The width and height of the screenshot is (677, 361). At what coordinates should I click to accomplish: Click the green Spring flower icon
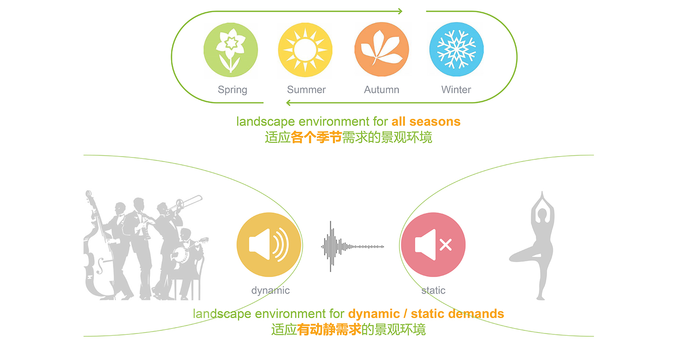231,50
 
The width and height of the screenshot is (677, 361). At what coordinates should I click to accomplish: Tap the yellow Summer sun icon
305,50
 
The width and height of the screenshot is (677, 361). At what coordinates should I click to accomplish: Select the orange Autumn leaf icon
382,49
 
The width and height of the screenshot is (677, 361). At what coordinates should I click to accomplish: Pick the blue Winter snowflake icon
456,49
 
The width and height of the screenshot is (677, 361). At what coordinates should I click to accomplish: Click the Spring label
232,90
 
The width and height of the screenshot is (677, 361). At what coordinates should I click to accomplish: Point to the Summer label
306,89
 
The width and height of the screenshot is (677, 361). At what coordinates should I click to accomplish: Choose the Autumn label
381,89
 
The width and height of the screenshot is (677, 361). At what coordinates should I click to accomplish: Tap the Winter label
456,89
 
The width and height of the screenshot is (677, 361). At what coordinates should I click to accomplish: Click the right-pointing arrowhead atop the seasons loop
400,11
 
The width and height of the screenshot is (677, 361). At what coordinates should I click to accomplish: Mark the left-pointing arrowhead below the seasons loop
289,103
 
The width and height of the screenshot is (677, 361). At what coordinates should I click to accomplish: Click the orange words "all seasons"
426,121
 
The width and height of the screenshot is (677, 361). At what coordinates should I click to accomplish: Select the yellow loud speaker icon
269,245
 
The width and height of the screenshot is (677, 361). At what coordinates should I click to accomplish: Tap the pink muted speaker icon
433,245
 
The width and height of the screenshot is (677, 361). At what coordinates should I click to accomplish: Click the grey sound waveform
352,246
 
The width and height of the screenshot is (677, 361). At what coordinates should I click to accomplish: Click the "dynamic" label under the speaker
270,291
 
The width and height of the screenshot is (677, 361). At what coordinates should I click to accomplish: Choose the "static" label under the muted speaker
433,290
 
